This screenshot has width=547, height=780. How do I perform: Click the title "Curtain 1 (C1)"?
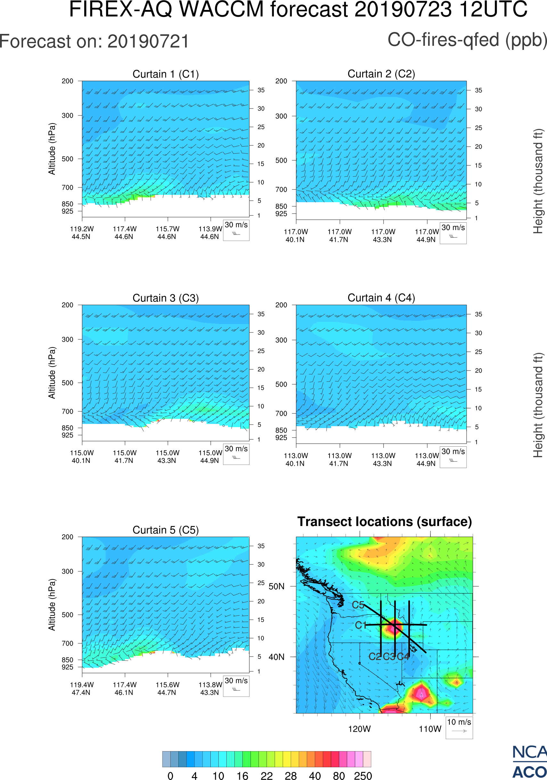(166, 74)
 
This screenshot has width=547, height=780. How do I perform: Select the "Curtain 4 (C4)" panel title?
(381, 298)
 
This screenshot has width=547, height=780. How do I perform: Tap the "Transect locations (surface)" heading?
(385, 522)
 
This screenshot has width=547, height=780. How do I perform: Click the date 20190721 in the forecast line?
(148, 42)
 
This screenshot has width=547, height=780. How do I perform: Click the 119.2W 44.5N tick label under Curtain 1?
(82, 233)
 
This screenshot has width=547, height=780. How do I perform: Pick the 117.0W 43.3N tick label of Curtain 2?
(383, 235)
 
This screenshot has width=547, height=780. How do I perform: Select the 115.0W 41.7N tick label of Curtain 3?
(125, 457)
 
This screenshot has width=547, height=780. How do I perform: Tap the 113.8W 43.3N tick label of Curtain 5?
(210, 688)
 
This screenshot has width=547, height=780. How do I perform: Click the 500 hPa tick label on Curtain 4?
(281, 384)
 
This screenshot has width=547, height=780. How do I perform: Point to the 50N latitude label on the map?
(276, 587)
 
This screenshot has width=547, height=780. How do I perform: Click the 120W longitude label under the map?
(359, 729)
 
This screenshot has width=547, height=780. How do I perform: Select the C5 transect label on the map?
(358, 605)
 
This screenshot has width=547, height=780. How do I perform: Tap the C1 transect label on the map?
(360, 625)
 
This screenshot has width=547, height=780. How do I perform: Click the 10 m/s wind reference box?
(459, 727)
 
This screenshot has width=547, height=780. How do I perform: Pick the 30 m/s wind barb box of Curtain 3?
(236, 454)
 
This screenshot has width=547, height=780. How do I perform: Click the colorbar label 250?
(363, 776)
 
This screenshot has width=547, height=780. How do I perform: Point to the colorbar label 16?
(242, 776)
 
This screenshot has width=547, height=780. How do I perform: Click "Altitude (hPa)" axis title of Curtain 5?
(52, 605)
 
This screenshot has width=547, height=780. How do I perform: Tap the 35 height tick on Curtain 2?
(478, 90)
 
